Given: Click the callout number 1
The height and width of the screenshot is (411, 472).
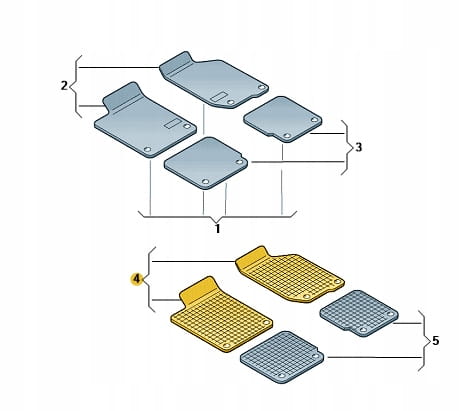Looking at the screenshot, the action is [217, 229].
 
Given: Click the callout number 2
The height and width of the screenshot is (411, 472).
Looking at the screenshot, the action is [64, 86].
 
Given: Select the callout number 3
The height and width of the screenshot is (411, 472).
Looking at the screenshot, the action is [358, 147].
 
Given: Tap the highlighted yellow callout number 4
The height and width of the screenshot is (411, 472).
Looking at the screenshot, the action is [137, 279].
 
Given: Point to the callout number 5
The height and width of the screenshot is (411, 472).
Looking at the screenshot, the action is [435, 341].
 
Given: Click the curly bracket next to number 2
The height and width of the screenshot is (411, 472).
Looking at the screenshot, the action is [75, 86].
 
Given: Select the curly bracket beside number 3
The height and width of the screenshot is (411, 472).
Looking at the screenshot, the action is [347, 147].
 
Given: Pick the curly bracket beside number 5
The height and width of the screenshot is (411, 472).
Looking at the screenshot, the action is [424, 341].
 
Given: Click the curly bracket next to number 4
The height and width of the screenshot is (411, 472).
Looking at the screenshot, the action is [150, 279].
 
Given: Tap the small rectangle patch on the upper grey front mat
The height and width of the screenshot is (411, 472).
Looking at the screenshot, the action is [219, 97].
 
